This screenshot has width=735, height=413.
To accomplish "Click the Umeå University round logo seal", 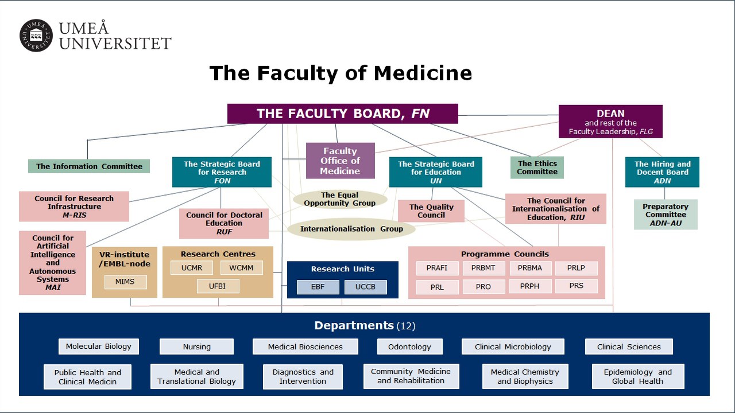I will coord(36,36).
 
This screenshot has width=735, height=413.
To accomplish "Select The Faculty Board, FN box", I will coord(343,114).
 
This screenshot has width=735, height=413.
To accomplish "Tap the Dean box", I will coord(610,122).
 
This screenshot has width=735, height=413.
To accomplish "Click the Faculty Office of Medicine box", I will coord(340,161).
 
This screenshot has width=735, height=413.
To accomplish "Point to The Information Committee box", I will coord(89,166).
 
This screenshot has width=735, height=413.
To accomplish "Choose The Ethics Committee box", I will coord(537,167).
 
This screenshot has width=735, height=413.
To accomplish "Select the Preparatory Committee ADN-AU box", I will coord(666,215).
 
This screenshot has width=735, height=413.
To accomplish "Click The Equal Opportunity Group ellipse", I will coord(340,199).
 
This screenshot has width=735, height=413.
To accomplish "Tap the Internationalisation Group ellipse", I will coord(351,229).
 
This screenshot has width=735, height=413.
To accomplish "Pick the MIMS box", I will coord(126,282).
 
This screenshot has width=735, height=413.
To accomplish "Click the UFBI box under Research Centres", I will coord(218,286).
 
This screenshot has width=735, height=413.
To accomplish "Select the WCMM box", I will coord(241,268).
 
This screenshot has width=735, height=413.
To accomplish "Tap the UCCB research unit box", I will coord(365,287).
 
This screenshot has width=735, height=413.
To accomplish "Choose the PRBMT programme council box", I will coord(483,268).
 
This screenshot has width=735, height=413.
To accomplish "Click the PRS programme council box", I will coord(576,286).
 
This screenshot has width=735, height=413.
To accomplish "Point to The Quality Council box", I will coord(431,211).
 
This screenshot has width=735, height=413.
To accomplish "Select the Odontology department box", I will coord(410,346).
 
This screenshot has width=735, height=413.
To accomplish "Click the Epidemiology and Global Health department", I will coord(638,376).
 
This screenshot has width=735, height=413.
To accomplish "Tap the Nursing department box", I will coord(196,346).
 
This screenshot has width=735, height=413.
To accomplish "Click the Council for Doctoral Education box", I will coord(224,223).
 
